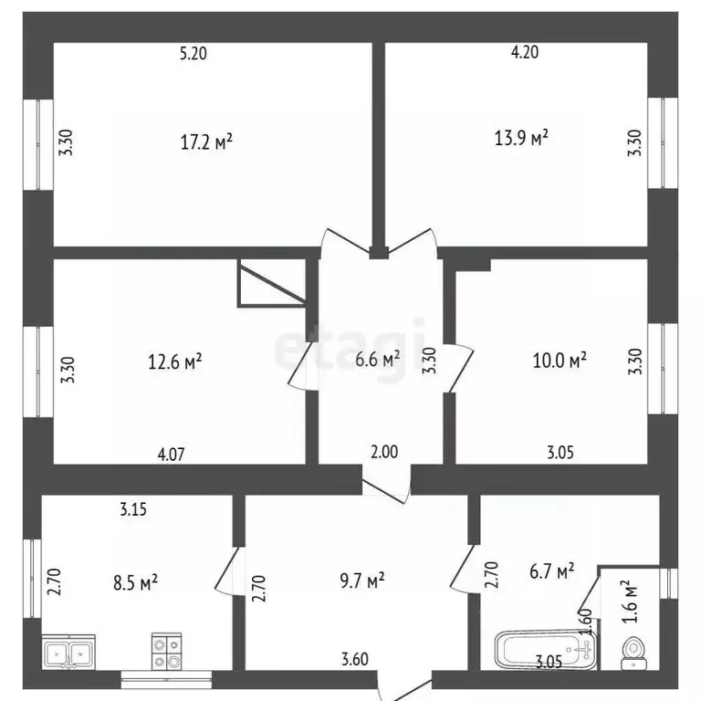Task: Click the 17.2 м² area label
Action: coord(206,141)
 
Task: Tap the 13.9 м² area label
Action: coord(521,138)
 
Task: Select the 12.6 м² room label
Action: coord(175,361)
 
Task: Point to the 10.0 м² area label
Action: coord(560,360)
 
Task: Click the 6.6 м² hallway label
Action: coord(377,359)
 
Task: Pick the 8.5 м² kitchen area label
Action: coord(135,582)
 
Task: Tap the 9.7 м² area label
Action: coord(362,581)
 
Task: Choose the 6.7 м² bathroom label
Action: coord(552,570)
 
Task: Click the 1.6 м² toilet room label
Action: coord(630,602)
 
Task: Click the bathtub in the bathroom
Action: coord(546,650)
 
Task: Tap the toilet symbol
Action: coord(634,654)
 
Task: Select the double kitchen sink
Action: coord(68,652)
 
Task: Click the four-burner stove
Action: coord(167,652)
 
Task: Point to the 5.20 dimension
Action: coord(194,54)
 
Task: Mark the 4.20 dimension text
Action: coord(525,52)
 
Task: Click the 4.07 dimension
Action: coord(172,455)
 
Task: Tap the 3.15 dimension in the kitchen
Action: coord(133,509)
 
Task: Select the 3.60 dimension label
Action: coord(355,659)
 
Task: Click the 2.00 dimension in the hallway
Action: coord(384,452)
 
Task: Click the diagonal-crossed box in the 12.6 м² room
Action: coord(272,283)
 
